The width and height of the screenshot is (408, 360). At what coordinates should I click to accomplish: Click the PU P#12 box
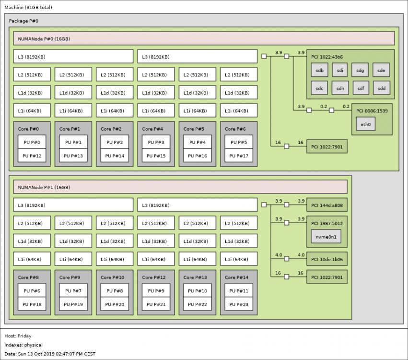(32, 156)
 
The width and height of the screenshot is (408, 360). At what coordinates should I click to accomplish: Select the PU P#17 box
(239, 156)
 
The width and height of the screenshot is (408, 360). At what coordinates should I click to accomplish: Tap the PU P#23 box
(239, 304)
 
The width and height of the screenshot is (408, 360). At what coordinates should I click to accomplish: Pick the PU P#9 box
(156, 290)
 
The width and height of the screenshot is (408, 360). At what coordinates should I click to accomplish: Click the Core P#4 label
(152, 129)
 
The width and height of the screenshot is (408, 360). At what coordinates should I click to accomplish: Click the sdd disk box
(382, 88)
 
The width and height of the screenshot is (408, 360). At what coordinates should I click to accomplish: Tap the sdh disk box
(340, 88)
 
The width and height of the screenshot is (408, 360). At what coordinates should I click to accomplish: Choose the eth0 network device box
(366, 124)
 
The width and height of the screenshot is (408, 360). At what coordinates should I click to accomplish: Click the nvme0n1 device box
(326, 237)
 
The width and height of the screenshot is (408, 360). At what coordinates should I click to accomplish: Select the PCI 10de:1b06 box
(327, 259)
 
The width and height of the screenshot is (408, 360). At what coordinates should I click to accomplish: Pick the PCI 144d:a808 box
(327, 205)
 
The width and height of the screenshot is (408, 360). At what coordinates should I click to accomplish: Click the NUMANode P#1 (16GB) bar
(180, 187)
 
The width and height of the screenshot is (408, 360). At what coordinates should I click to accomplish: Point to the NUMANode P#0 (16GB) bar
(204, 38)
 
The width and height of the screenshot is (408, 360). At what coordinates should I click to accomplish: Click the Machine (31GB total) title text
(28, 7)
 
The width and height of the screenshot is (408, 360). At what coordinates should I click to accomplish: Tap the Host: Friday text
(18, 336)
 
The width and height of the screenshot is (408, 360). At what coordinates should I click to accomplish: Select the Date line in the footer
(50, 354)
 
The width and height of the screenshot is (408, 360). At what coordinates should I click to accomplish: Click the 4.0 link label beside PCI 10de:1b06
(301, 255)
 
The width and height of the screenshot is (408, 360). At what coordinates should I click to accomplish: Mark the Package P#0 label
(23, 21)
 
